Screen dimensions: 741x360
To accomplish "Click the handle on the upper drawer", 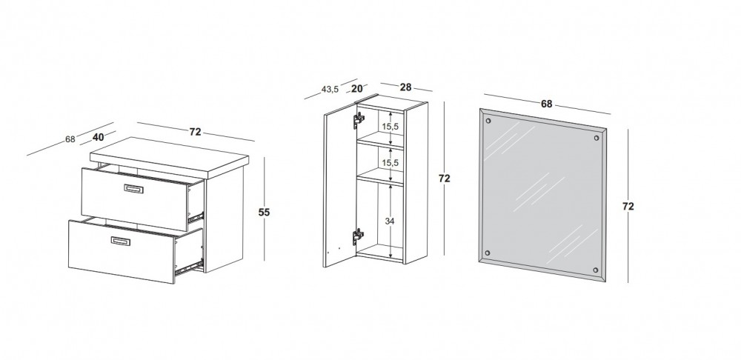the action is (x=133, y=189).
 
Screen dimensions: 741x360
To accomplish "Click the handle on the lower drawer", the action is (x=121, y=241).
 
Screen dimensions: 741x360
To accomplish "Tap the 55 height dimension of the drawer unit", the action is (x=265, y=213).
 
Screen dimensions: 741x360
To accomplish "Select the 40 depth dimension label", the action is (x=99, y=138).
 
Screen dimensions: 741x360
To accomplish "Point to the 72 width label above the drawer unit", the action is (x=195, y=132).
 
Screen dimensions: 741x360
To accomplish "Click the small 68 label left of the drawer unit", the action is (x=70, y=139).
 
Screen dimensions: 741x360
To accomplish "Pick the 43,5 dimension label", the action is (x=330, y=90).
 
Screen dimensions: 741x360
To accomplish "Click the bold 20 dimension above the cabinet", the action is (x=357, y=88).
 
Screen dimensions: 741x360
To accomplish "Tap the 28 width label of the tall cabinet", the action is (x=405, y=87).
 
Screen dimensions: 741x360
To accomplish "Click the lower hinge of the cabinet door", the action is (x=359, y=237).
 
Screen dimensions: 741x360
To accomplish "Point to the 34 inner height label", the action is (x=390, y=221).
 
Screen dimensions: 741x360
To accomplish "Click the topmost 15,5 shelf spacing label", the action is (x=391, y=127).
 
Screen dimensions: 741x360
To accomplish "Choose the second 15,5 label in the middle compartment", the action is (x=391, y=162).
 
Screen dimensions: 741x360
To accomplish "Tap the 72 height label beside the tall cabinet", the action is (x=444, y=179).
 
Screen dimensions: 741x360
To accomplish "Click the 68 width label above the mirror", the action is (x=546, y=104).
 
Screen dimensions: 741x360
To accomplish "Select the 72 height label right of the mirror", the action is (x=628, y=207).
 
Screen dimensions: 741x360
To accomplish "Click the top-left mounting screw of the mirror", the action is (x=488, y=121).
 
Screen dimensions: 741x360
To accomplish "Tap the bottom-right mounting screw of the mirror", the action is (x=596, y=270).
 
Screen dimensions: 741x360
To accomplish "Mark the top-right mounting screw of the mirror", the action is (x=596, y=139).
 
